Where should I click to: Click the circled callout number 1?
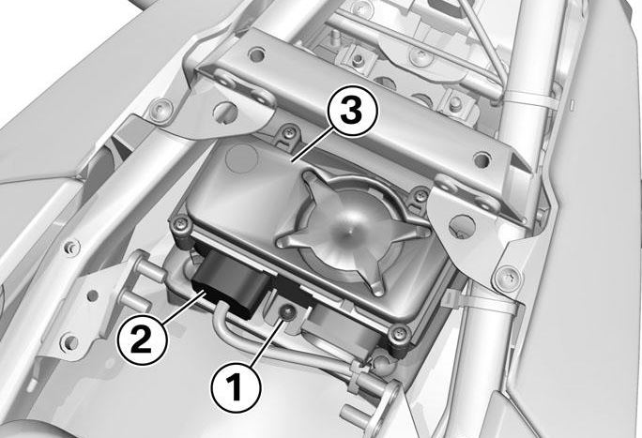[x=236, y=387]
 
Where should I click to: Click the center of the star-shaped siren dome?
[x=349, y=234]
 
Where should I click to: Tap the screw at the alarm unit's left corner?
[x=181, y=224]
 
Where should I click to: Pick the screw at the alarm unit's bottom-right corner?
[x=398, y=334]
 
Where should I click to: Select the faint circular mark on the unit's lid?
[x=242, y=158]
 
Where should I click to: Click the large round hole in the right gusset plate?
[x=462, y=226]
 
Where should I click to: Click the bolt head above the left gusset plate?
[x=160, y=110]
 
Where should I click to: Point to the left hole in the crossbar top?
[x=256, y=54]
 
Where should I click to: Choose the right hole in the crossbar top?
[x=481, y=159]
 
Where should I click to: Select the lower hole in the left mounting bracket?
[x=70, y=341]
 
